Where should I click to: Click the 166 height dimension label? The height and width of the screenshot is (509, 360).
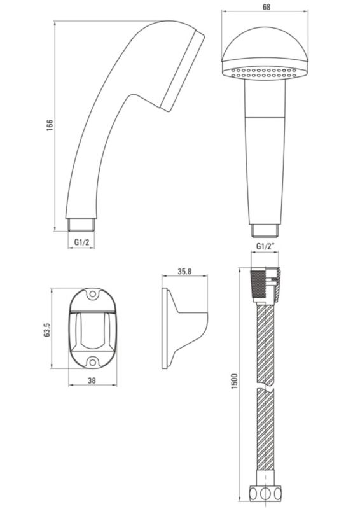coord(50,125)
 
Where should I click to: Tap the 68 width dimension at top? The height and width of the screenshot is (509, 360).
coord(267,7)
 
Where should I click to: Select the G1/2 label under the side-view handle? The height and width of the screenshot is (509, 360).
coord(81,242)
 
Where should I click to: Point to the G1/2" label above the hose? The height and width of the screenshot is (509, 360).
coord(265,246)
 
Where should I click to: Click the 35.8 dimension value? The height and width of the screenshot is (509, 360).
coord(184,272)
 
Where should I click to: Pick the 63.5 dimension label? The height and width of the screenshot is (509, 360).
coord(47,330)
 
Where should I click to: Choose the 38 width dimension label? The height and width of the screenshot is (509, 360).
coord(92,380)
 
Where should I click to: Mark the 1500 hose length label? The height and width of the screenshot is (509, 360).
coord(234,382)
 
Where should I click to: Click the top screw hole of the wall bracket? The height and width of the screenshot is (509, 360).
coord(93,295)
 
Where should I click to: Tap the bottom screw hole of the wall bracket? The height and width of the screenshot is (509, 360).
coord(93,361)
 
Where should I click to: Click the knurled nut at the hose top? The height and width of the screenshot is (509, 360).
coord(259,283)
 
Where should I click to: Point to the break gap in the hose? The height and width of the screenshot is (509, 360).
coord(266,386)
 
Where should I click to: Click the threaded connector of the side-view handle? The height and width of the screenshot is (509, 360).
coord(81,225)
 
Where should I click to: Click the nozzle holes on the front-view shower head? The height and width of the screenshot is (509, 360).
coord(263,73)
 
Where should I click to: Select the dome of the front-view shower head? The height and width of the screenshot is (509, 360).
coord(265,45)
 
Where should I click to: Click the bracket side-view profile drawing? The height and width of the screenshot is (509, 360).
coord(184,328)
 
